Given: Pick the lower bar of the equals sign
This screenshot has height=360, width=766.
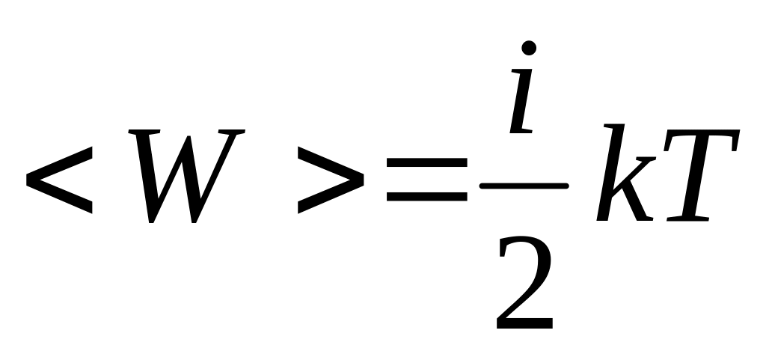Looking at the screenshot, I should (x=426, y=198).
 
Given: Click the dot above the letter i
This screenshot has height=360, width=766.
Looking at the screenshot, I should (x=530, y=49).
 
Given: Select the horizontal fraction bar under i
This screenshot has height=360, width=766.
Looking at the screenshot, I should (x=524, y=185).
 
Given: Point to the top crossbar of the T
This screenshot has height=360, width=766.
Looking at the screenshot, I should (x=703, y=136).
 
